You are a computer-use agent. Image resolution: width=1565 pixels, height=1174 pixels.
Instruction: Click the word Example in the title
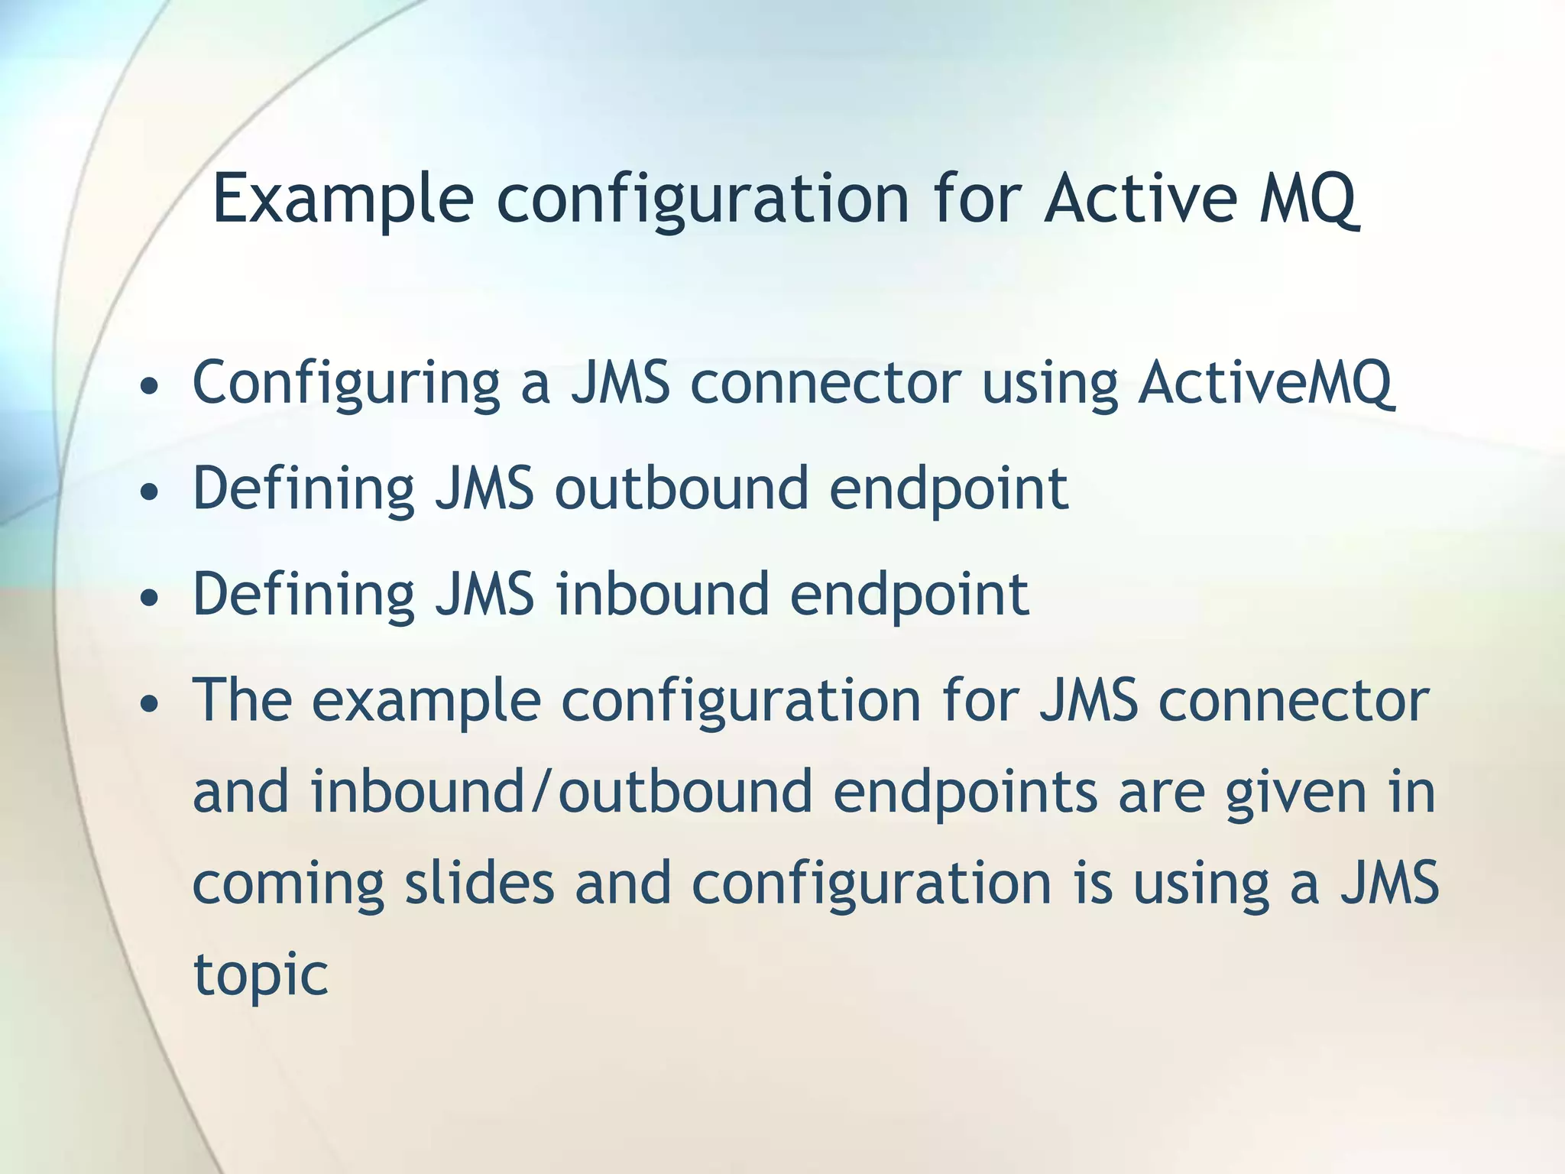(x=342, y=200)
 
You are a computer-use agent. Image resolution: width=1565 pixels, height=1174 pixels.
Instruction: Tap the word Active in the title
(x=1140, y=199)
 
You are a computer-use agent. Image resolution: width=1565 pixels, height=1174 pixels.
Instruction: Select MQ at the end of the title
(x=1308, y=200)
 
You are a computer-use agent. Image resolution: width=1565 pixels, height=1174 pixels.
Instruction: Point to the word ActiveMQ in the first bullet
(x=1265, y=382)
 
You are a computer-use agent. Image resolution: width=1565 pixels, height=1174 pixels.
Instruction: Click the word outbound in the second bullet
(x=681, y=488)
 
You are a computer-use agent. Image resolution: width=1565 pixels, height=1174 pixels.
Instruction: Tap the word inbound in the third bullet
(x=662, y=594)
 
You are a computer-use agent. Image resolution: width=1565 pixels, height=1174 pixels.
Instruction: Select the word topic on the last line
(x=261, y=976)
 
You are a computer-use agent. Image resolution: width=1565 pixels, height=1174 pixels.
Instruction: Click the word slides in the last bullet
(x=479, y=883)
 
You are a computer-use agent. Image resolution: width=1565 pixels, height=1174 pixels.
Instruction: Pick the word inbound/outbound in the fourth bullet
(x=562, y=792)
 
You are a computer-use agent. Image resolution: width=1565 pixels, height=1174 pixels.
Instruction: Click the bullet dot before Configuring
(x=150, y=387)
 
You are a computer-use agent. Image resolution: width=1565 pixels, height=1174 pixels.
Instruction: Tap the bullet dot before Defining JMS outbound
(x=150, y=492)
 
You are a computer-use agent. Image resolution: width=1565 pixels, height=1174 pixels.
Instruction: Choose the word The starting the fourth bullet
(x=242, y=700)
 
